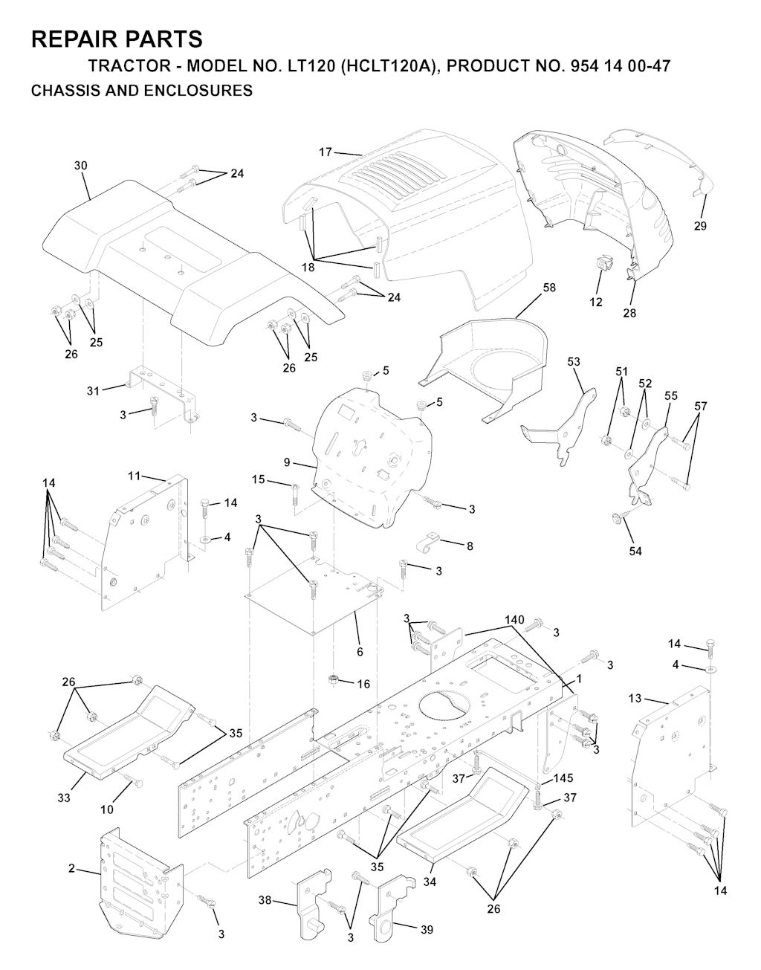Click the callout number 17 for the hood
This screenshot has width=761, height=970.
[x=326, y=152]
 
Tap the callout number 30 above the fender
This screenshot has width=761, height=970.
[x=80, y=166]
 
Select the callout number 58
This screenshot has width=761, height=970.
[x=549, y=288]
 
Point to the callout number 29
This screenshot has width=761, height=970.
[x=700, y=226]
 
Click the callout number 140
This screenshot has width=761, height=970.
[x=514, y=620]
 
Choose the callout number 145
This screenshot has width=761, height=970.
[x=563, y=777]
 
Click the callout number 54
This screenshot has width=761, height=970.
[x=635, y=552]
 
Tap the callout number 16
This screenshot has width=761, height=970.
[x=363, y=684]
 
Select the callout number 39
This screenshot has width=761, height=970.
[x=427, y=929]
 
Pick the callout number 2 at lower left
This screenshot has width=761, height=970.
[x=71, y=868]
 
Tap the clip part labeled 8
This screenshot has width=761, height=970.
[x=428, y=543]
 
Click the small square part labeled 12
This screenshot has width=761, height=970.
[x=605, y=263]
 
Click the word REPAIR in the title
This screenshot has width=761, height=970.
[x=69, y=39]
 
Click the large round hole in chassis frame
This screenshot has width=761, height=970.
[x=445, y=708]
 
